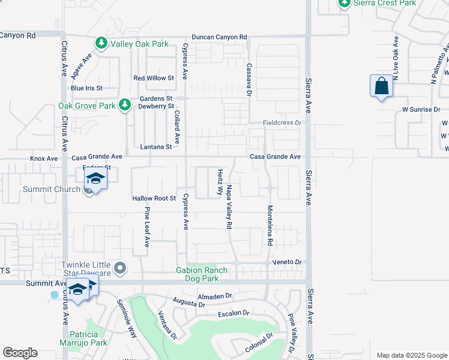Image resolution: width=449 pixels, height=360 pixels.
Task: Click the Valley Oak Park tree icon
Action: click(x=101, y=43)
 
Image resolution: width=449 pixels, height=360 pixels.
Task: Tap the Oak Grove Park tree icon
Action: click(x=125, y=106)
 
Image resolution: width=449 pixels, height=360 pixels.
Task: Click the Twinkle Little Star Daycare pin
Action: click(x=120, y=268)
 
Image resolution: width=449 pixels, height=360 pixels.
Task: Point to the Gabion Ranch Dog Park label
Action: click(x=202, y=274)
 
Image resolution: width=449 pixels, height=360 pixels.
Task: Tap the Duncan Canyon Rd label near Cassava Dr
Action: click(x=220, y=37)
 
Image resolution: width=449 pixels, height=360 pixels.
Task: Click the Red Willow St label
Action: click(x=153, y=78)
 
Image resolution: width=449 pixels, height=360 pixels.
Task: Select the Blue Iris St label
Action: click(x=86, y=88)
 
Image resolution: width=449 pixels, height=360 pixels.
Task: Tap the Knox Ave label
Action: click(x=44, y=159)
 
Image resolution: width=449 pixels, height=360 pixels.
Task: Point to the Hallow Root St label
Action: click(x=153, y=199)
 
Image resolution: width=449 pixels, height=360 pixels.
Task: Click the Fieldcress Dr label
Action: click(x=282, y=122)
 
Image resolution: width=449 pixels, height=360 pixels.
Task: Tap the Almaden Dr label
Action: click(x=215, y=296)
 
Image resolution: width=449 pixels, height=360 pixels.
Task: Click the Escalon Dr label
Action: click(x=234, y=313)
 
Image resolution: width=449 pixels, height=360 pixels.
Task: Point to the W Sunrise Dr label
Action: click(x=421, y=110)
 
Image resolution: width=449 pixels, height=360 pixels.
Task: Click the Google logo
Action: click(x=20, y=353)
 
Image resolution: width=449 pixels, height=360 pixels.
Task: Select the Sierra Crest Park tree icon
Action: click(x=345, y=4)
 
